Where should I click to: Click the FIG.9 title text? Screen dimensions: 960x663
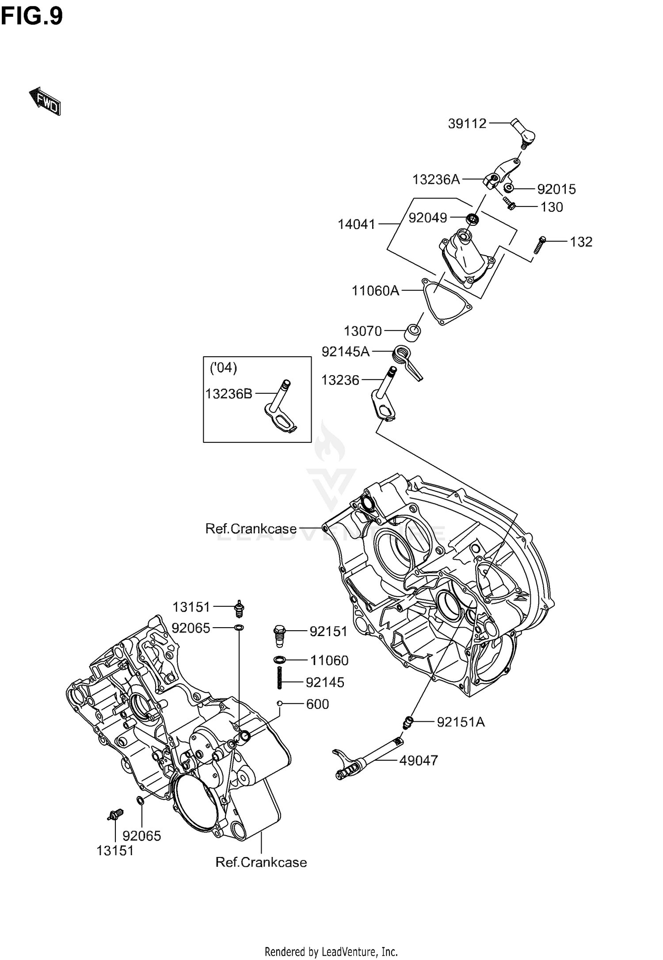32,17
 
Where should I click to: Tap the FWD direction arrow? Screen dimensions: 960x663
45,101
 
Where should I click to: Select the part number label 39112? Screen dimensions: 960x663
467,124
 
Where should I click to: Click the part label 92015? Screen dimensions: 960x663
556,189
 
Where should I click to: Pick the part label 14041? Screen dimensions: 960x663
357,225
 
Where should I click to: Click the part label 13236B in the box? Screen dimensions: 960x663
229,393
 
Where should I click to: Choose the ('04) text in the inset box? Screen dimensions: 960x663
224,368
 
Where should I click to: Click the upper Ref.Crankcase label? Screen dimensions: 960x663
251,529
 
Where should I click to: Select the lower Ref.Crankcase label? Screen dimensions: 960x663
261,862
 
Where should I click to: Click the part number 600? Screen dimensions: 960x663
317,704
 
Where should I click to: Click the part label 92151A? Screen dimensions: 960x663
461,722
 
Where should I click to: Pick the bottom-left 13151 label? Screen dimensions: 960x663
115,850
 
